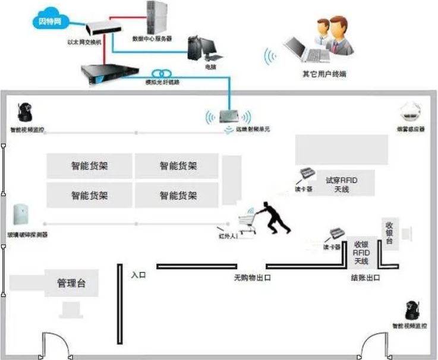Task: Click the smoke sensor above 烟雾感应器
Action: (x=411, y=112)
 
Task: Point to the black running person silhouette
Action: (x=273, y=217)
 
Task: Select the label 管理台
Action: (x=71, y=283)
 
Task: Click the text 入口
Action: (x=138, y=275)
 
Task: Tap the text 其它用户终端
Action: (x=324, y=75)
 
